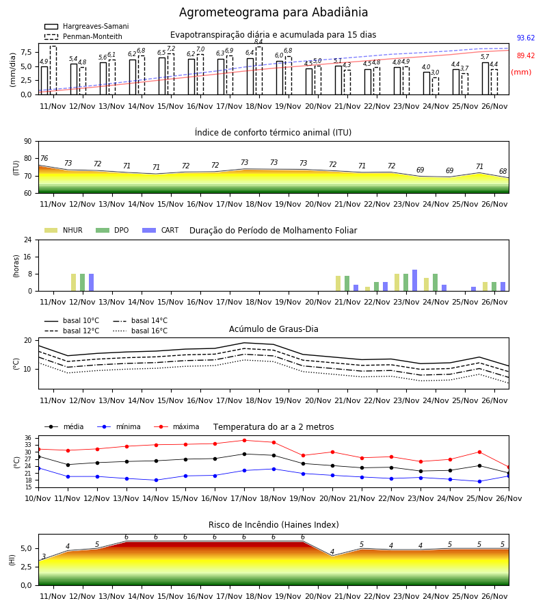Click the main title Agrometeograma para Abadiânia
273,12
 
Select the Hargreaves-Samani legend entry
87,26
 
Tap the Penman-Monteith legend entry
83,36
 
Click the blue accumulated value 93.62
526,38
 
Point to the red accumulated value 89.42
526,56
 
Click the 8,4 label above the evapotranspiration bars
258,42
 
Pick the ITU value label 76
44,158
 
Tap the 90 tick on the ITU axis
28,142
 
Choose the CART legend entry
161,230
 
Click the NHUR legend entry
64,230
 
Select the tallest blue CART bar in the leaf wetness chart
415,281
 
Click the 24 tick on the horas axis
28,240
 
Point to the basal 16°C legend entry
140,331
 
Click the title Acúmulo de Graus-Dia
273,329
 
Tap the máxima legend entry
176,426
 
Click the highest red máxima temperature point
245,440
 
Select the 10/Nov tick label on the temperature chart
38,498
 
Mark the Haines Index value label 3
44,556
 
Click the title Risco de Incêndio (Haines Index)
273,525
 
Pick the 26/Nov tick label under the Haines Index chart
494,596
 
